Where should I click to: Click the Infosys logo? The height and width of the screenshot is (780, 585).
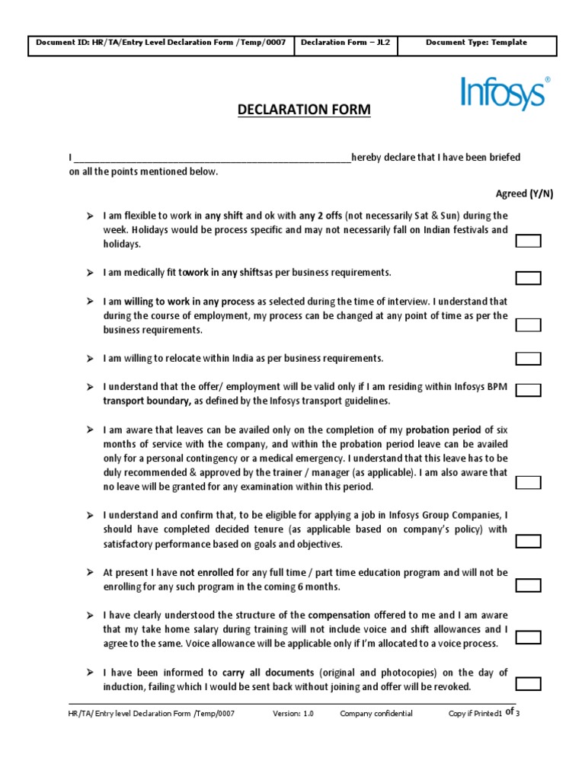[x=504, y=94]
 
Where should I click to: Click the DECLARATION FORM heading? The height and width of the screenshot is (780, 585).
[x=304, y=110]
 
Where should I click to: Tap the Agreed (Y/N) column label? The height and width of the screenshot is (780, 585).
[x=524, y=194]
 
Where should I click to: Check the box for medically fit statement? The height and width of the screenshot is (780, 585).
[x=529, y=278]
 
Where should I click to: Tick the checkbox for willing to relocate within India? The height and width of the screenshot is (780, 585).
[x=529, y=359]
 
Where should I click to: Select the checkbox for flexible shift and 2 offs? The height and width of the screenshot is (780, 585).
[x=529, y=241]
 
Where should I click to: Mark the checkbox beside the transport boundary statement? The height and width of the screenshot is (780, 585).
[x=529, y=391]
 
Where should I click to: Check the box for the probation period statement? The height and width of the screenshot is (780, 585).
[x=529, y=482]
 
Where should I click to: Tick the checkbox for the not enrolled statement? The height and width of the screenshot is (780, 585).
[x=529, y=586]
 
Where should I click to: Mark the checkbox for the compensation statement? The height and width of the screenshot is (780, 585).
[x=529, y=638]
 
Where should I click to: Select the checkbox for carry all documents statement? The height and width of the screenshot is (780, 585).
[x=529, y=683]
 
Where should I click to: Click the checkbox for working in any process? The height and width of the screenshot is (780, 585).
[x=529, y=325]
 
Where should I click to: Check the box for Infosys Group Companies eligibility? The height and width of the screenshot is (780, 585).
[x=529, y=542]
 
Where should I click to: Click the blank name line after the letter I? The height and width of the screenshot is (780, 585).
[x=212, y=158]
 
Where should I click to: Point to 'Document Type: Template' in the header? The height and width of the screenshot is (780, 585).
[x=476, y=43]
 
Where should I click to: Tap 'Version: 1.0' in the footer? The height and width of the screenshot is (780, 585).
[x=293, y=714]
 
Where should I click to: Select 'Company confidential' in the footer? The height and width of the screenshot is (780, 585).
[x=376, y=714]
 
